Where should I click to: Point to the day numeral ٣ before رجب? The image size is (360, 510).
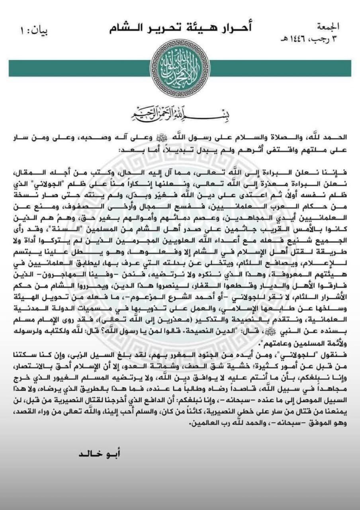[x=336, y=39]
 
